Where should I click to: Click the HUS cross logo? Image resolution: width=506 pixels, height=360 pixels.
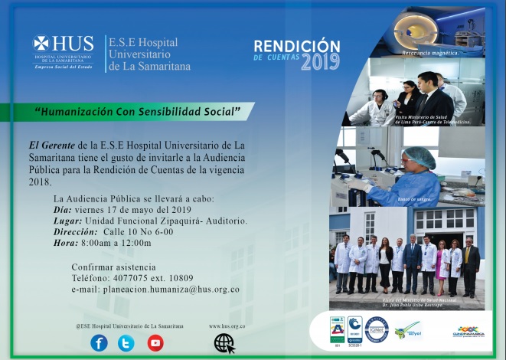[41, 44]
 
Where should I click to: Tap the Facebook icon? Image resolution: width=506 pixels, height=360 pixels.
[99, 343]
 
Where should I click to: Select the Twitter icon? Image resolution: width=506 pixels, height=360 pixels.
[126, 343]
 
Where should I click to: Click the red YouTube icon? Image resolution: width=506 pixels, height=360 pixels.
[155, 343]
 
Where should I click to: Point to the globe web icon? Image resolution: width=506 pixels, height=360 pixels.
[224, 343]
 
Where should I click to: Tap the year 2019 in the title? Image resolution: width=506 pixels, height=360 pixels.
[320, 63]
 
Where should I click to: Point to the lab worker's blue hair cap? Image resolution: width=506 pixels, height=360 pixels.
[419, 156]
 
